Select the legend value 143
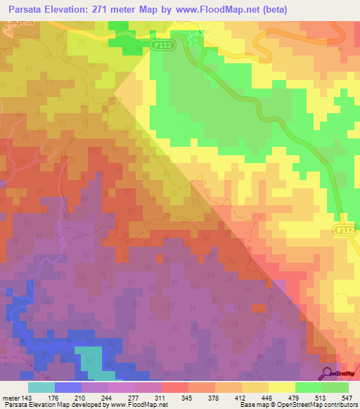point(27,398)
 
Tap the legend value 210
point(87,398)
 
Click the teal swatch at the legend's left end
point(41,387)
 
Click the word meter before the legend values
point(11,398)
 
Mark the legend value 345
point(186,398)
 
